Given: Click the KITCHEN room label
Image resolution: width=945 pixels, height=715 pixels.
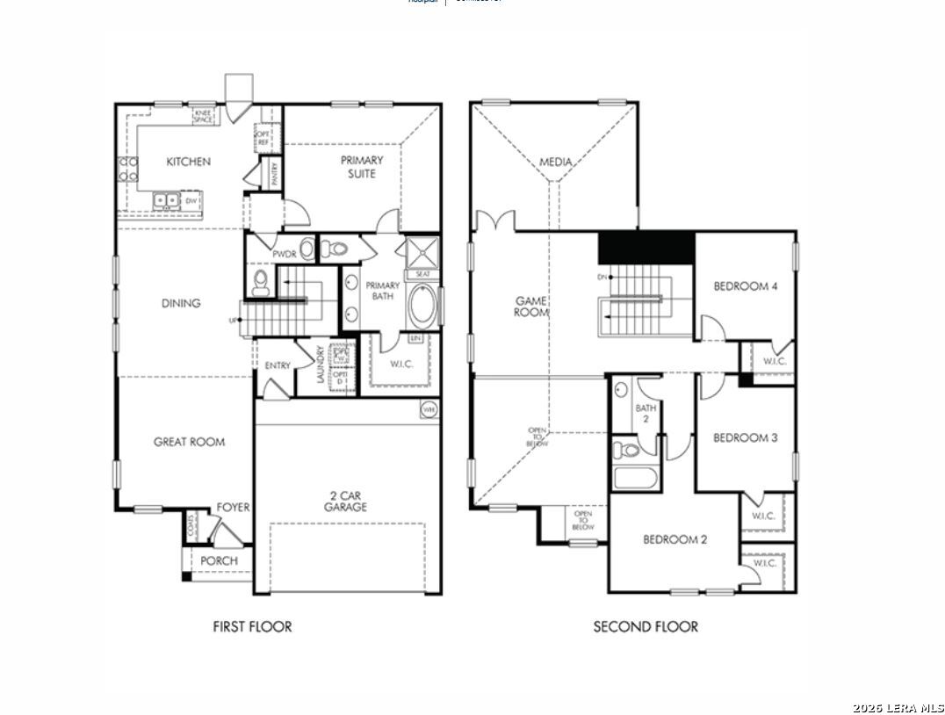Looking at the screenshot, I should [189, 162].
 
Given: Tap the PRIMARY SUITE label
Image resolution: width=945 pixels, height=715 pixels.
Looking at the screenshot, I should [362, 167].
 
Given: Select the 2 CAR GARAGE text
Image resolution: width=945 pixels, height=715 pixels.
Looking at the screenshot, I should [345, 501].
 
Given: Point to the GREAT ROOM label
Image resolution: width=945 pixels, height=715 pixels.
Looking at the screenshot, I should [189, 442].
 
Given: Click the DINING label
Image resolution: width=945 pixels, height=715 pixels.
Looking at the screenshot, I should [181, 303].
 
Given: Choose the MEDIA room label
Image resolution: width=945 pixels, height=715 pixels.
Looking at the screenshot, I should [556, 162].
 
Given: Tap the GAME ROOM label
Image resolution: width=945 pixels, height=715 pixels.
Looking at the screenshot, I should [531, 306].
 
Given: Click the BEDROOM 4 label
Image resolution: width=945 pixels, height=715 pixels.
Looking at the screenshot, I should [746, 286].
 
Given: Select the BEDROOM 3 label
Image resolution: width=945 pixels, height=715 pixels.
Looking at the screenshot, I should [745, 437].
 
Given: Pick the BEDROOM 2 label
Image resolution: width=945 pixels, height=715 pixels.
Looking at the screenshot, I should [674, 539].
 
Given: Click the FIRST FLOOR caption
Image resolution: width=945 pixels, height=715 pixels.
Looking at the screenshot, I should [252, 626].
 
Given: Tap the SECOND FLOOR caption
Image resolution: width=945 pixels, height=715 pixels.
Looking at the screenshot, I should [646, 626].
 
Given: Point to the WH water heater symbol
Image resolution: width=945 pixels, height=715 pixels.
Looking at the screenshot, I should [429, 409].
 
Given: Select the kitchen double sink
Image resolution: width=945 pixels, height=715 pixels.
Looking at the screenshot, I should [166, 200].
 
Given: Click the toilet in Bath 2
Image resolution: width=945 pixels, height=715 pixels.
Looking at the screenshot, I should [626, 451].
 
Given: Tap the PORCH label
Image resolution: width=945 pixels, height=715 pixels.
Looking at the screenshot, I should [219, 560].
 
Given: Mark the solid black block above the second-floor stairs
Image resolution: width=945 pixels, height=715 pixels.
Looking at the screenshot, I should [646, 247].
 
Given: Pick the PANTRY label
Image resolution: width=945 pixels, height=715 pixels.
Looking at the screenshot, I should [275, 170].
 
